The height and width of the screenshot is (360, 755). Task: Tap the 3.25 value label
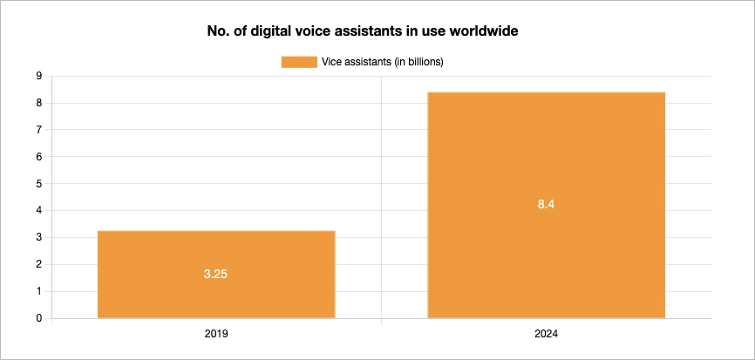point(216,274)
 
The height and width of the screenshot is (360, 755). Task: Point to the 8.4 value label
point(546,205)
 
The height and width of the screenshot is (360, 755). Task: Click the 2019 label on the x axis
point(216,334)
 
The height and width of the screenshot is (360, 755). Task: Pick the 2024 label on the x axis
point(546,334)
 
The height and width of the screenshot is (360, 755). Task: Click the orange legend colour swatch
point(299,61)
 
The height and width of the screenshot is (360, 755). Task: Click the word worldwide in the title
point(480,32)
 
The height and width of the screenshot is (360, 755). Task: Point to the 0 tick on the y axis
point(39,319)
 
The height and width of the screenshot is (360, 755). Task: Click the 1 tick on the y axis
point(39,292)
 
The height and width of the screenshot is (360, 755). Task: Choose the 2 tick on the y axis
point(39,265)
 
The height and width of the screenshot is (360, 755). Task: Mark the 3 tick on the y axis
point(39,238)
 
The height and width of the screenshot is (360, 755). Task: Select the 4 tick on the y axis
point(39,211)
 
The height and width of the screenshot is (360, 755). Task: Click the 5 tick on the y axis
point(39,184)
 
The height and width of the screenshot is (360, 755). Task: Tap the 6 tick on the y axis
point(39,157)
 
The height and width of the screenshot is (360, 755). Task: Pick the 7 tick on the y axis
point(39,130)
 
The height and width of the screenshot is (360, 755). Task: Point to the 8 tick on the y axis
point(39,103)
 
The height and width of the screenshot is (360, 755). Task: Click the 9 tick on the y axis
point(39,76)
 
